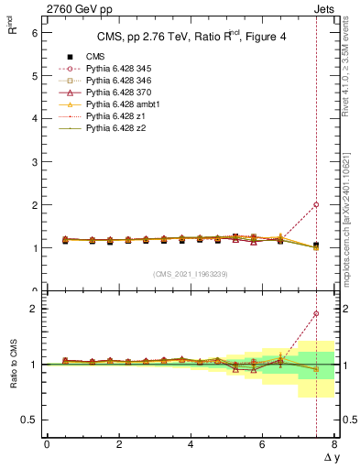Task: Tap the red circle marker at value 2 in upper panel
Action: point(316,205)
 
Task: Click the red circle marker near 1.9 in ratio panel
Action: point(316,314)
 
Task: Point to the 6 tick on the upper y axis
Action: point(34,32)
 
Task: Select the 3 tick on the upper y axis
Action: point(34,161)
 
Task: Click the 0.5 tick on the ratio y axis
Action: point(29,420)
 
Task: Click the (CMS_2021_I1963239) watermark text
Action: point(190,274)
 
